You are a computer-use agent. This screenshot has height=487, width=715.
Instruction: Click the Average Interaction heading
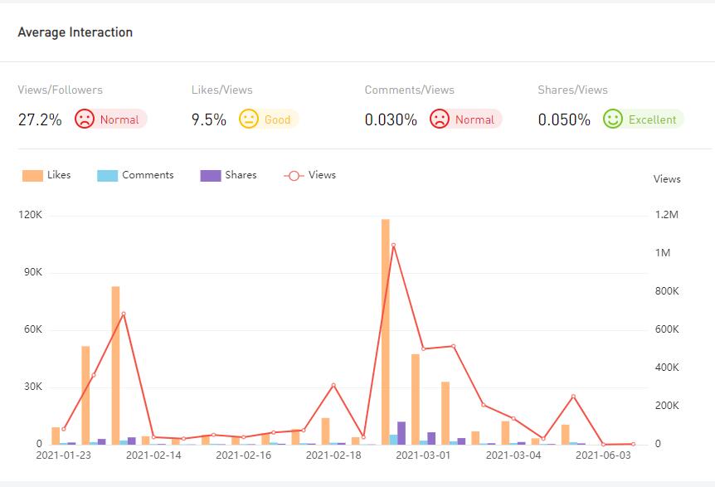75,32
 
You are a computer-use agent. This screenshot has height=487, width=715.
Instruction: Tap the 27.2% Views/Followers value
40,119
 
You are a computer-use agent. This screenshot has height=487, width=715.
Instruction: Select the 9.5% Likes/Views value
209,119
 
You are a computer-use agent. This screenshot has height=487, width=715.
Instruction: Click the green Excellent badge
644,119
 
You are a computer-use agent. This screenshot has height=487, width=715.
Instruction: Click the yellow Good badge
269,119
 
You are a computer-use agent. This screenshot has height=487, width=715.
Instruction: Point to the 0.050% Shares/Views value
564,119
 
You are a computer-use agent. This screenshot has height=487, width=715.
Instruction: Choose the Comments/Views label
410,90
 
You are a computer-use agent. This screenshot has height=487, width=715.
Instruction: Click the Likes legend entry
46,175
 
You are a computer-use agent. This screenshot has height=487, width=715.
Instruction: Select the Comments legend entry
136,175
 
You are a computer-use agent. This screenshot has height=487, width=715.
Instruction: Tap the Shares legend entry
229,175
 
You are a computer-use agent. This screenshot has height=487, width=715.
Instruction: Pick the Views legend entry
310,175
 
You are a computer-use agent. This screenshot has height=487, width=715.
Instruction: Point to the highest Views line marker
393,245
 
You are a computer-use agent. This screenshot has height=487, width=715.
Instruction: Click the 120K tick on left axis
30,216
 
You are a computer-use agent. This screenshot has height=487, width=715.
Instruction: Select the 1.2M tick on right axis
667,216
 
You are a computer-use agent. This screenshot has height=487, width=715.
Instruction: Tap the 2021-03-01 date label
423,455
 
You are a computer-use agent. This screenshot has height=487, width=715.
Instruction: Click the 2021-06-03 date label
603,455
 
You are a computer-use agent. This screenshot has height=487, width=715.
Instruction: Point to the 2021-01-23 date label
64,455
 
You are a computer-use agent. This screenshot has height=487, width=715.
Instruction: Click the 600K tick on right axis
667,330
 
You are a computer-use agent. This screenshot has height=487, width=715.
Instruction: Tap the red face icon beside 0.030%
440,119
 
